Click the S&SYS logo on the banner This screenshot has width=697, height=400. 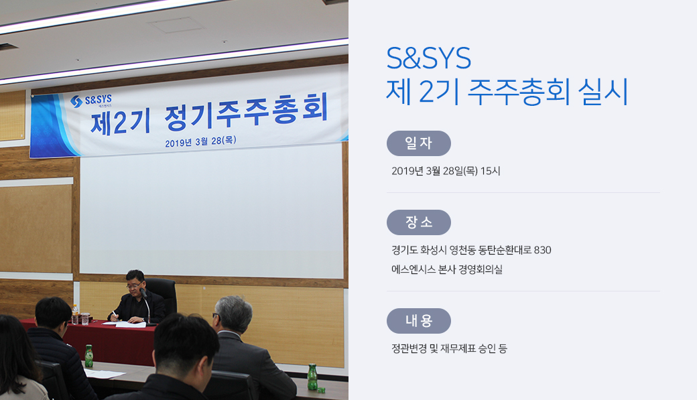click(91, 101)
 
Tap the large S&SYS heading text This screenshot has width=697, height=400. click(428, 58)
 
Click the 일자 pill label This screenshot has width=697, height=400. click(419, 143)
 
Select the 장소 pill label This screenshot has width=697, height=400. click(419, 222)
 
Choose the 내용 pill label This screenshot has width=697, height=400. click(419, 321)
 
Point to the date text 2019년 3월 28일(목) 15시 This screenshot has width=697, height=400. click(446, 171)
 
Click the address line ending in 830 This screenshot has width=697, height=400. click(471, 250)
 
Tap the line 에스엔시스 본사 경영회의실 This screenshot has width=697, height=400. click(447, 269)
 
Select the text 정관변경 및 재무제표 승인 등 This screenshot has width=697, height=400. click(449, 348)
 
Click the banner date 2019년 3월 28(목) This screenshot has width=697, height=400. click(200, 142)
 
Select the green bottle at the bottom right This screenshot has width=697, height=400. click(312, 377)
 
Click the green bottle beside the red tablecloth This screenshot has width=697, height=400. click(89, 356)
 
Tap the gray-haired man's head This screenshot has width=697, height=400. click(232, 314)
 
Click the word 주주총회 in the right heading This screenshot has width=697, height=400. click(519, 92)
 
